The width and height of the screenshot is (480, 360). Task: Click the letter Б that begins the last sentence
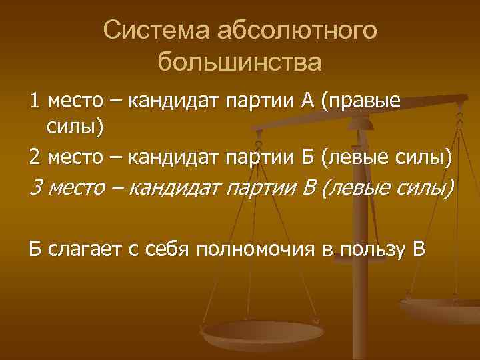(35, 250)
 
